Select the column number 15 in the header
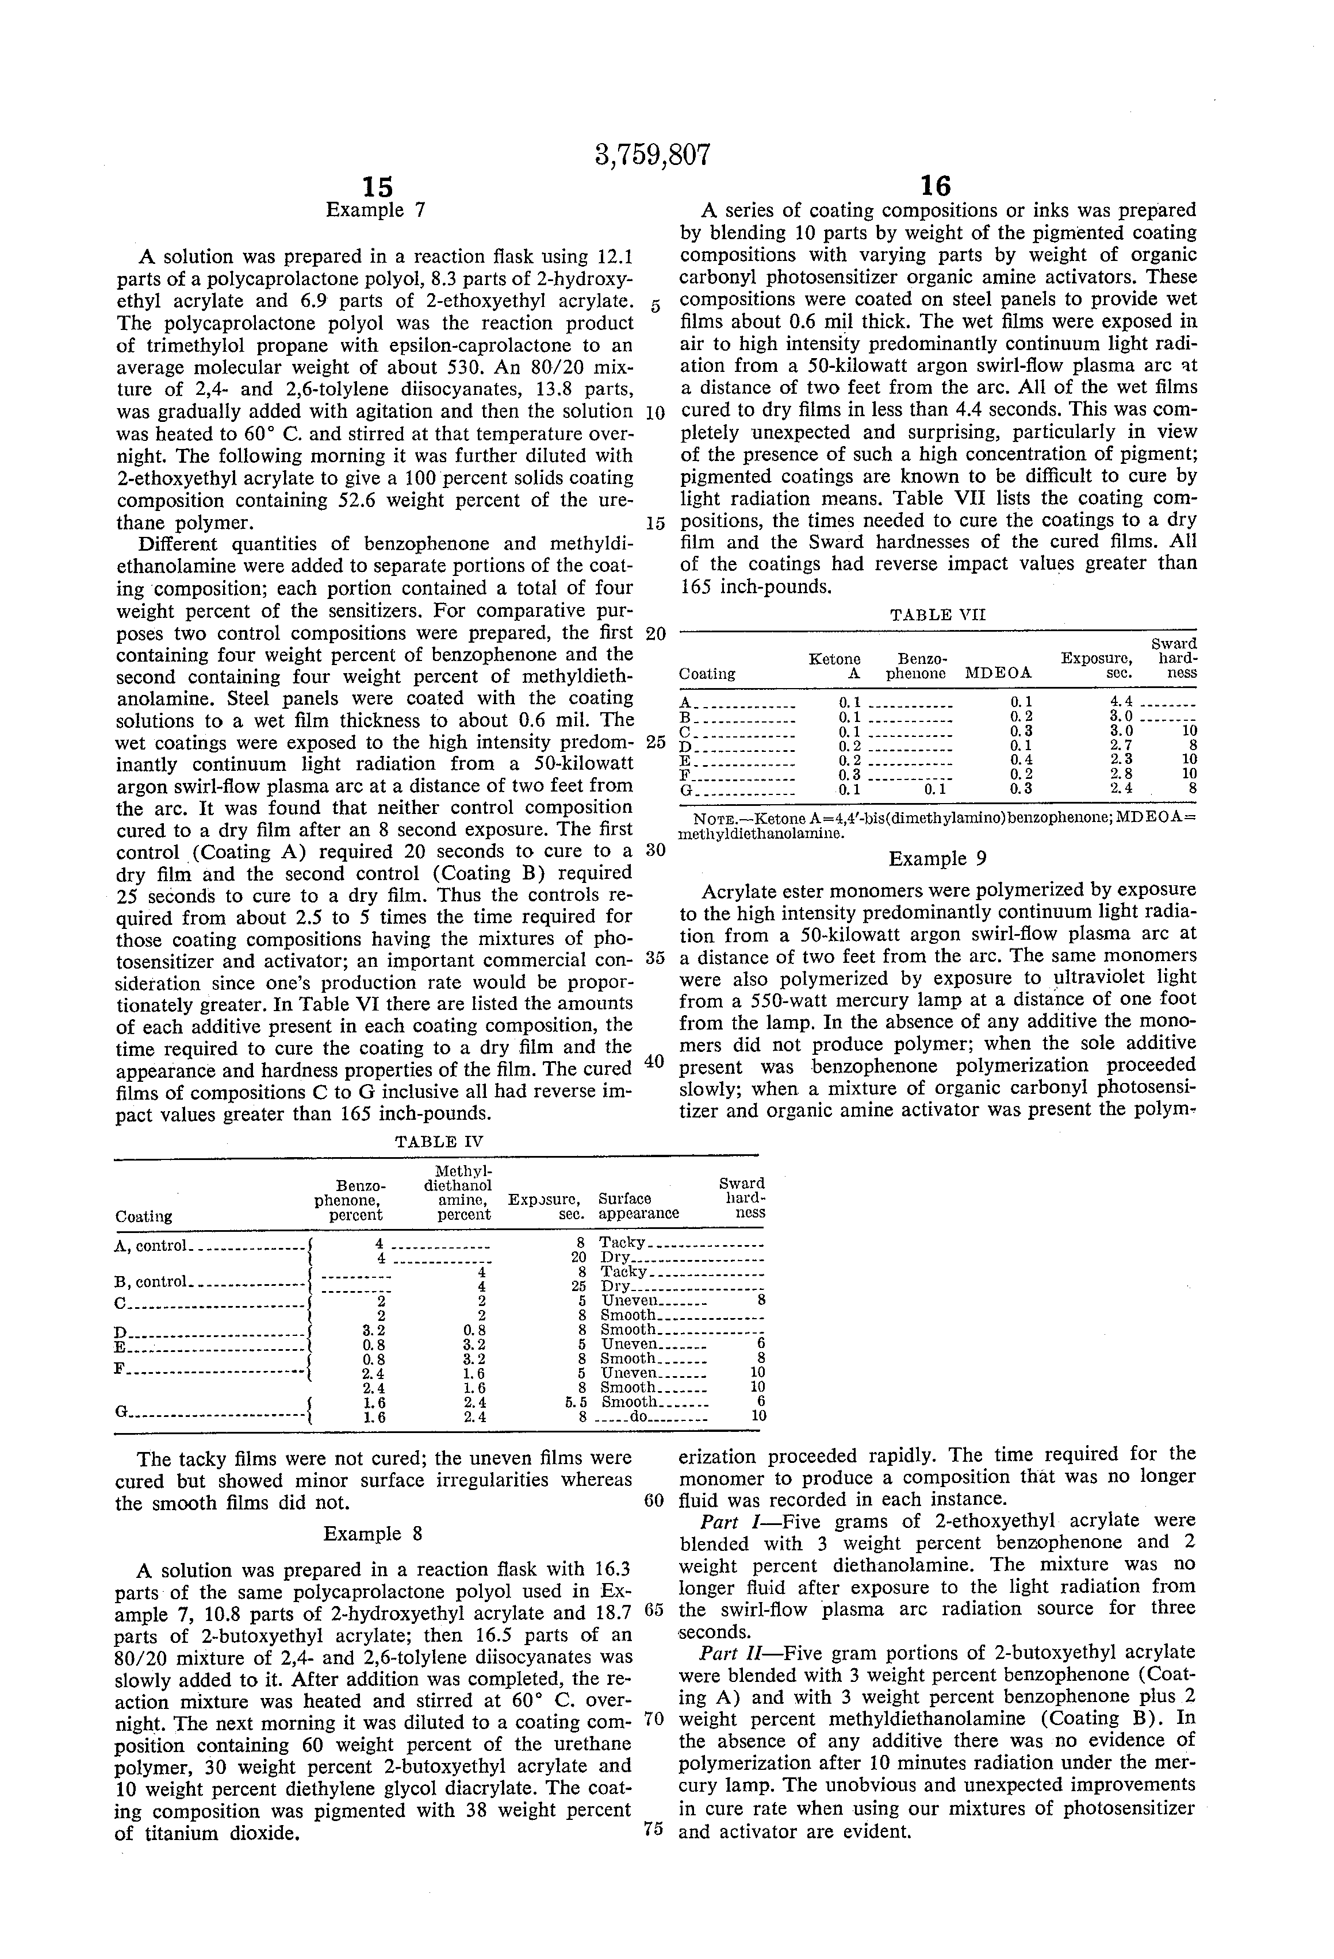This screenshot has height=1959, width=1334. [377, 186]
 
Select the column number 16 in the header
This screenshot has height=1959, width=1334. [936, 186]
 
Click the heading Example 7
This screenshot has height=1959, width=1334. [376, 210]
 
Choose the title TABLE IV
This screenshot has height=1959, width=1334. [439, 1142]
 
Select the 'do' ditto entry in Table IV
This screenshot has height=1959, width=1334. [638, 1417]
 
